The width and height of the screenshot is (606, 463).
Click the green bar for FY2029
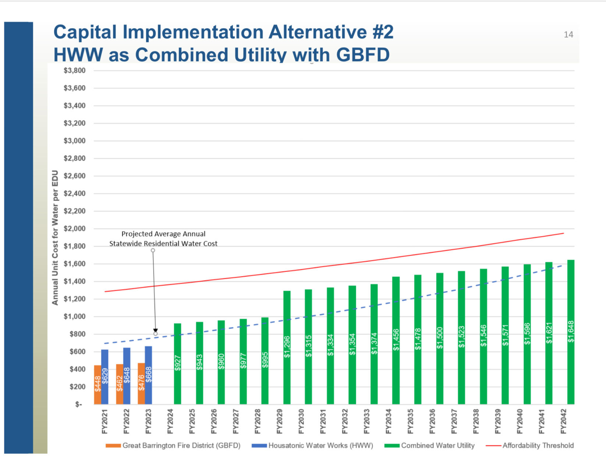287,348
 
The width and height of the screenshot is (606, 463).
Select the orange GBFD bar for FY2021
97,385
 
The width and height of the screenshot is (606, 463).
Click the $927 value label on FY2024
178,363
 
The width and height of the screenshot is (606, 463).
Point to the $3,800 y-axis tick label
74,70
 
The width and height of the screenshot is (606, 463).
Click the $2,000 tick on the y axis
74,229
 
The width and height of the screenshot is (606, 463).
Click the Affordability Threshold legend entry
538,445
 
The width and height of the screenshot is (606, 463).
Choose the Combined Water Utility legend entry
438,445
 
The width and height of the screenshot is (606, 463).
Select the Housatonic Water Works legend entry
320,445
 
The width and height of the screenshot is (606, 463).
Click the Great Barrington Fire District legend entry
181,445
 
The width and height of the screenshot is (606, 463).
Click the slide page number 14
568,35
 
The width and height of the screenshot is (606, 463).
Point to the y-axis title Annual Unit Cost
55,237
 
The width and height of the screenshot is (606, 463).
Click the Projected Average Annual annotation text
163,234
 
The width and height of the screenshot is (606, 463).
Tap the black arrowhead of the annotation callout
156,330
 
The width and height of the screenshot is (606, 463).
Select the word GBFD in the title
363,55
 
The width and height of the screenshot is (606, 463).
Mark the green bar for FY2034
396,340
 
